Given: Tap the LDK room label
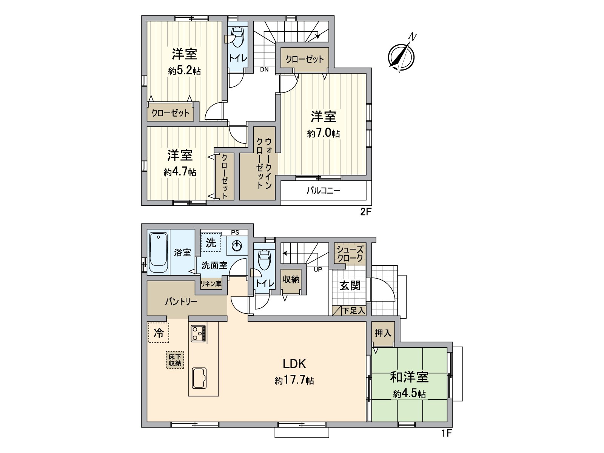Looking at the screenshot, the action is point(294,364).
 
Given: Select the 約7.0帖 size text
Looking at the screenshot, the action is point(323,134).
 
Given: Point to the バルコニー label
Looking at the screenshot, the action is point(323,191).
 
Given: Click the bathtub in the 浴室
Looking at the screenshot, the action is point(158,253).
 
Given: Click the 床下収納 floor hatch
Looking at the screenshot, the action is point(175,360).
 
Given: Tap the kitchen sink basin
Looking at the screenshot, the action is point(199,379).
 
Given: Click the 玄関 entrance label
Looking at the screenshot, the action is point(350,286).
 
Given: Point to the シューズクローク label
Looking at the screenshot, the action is point(350,254).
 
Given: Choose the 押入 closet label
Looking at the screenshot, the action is point(383,333).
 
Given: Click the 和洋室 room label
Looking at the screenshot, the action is point(409,377).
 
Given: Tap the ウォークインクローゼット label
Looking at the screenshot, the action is point(264,163).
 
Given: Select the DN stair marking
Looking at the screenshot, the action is point(264,69).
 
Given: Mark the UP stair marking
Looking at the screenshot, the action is point(318,270).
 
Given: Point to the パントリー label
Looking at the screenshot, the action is point(181,302).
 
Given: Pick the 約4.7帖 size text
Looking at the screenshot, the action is point(180,172).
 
